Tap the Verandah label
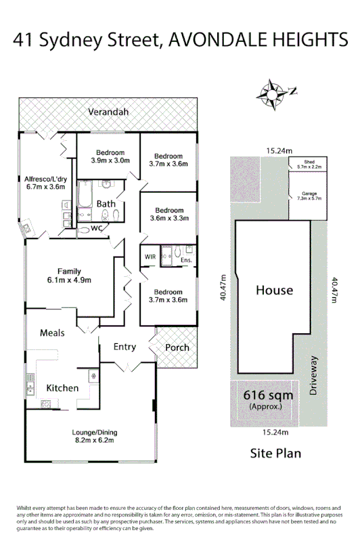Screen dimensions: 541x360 click(x=108, y=112)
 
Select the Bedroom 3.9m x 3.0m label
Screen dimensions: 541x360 click(x=110, y=156)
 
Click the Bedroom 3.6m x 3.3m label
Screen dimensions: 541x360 click(x=169, y=214)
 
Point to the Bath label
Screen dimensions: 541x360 click(x=106, y=203)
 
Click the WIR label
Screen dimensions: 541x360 click(x=150, y=257)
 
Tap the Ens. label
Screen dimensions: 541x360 click(x=187, y=259)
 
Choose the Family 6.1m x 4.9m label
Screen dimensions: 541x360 click(x=69, y=276)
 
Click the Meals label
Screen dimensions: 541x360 click(x=52, y=332)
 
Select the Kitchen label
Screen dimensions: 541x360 click(x=62, y=388)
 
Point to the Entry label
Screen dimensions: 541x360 click(x=125, y=347)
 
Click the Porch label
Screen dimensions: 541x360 click(x=177, y=347)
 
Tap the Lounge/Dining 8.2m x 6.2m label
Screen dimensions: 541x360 click(x=93, y=435)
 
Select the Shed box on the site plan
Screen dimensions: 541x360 click(x=309, y=163)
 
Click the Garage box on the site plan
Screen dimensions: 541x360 click(x=309, y=195)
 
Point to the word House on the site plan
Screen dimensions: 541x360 click(x=274, y=290)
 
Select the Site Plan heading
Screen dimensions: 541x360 click(x=275, y=453)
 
